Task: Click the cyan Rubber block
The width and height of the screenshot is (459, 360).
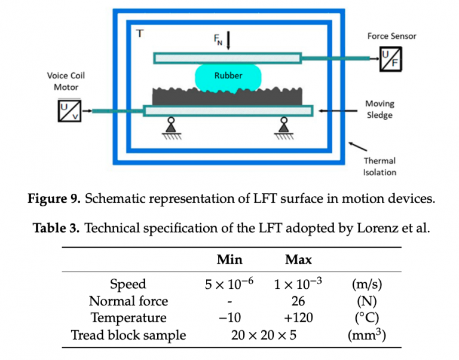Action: coord(228,76)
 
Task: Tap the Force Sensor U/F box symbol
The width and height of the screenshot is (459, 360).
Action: coord(391,59)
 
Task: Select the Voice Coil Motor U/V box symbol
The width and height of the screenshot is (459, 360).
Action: coord(69,111)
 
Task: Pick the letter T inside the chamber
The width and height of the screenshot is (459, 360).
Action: coord(140,33)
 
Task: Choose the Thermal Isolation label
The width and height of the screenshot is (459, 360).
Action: coord(380,166)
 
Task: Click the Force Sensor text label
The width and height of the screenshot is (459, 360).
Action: coord(391,36)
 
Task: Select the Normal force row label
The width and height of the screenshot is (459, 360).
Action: coord(128,301)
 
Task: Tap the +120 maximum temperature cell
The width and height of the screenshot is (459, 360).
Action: coord(298,318)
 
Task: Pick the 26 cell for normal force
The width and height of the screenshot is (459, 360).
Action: coord(298,301)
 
